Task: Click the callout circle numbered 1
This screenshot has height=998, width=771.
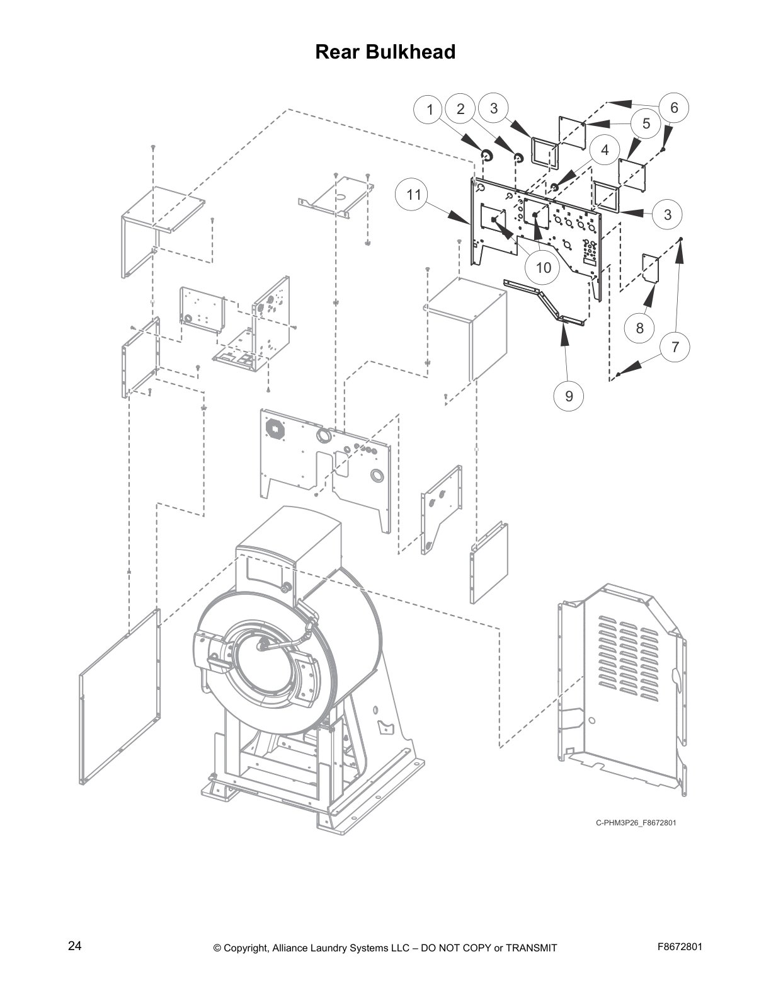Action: click(430, 110)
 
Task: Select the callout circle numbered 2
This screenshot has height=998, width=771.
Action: click(460, 109)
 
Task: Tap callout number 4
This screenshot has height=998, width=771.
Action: click(605, 150)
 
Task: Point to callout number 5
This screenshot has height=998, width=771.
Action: click(646, 124)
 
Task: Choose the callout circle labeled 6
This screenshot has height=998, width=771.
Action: click(674, 108)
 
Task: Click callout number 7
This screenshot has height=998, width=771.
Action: click(675, 347)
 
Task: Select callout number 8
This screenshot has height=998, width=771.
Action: click(640, 328)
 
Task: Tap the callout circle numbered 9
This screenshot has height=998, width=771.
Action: click(569, 396)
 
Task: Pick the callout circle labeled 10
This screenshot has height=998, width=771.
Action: click(543, 267)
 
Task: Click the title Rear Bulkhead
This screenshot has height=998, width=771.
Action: click(385, 52)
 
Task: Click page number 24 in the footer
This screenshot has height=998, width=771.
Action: click(74, 946)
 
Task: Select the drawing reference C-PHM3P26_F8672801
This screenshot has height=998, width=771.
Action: click(636, 823)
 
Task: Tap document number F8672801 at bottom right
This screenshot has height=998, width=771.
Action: click(680, 946)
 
